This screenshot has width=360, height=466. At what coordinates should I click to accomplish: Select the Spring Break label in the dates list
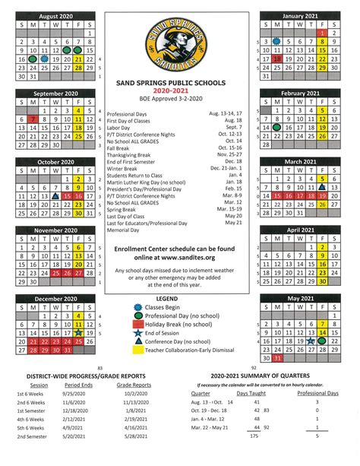pyautogui.click(x=124, y=208)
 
